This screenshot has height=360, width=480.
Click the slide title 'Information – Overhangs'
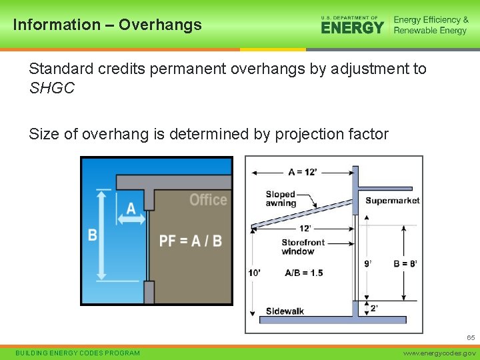[107, 25]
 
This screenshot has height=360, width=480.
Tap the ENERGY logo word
[352, 27]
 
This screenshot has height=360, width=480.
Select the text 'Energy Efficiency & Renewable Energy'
[431, 25]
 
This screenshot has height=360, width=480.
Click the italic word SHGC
[52, 88]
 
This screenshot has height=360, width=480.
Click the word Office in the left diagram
[207, 200]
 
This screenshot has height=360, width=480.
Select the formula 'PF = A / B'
[190, 240]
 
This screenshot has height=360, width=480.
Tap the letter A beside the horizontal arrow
[131, 209]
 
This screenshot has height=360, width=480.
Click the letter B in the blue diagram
[93, 235]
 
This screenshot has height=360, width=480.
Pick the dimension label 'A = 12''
[303, 173]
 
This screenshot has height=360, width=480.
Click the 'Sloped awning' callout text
[281, 199]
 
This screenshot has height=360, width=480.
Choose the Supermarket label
[392, 201]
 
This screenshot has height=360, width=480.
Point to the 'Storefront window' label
[303, 247]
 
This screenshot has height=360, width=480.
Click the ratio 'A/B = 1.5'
[303, 273]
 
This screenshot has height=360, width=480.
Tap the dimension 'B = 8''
[405, 263]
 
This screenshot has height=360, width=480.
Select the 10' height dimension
[254, 273]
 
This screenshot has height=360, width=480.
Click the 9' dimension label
[368, 263]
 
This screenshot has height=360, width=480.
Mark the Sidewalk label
[285, 311]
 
